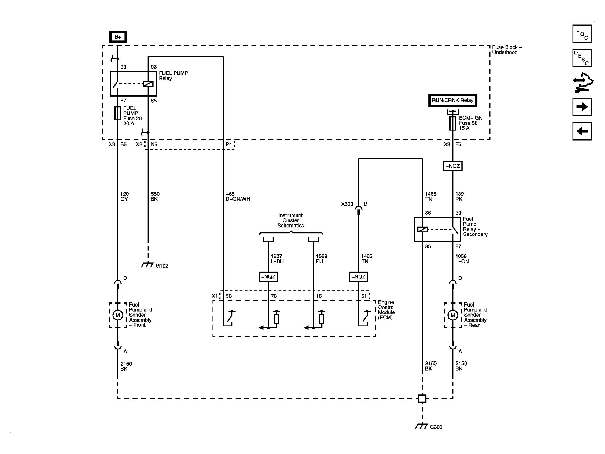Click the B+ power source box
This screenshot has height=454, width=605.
point(118,37)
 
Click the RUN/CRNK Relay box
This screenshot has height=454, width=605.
point(452,100)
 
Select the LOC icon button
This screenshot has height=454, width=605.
point(582,34)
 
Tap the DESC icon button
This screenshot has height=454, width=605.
point(582,58)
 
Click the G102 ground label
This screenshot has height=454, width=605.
point(162,266)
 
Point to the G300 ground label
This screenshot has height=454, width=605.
point(436,435)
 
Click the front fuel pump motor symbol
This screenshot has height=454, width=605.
point(118,315)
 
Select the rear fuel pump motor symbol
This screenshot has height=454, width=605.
point(453,315)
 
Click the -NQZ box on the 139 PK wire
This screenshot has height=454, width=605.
point(453,166)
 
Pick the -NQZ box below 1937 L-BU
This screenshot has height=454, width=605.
point(268,277)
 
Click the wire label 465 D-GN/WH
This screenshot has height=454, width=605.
point(238,196)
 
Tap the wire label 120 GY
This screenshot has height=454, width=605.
point(124,196)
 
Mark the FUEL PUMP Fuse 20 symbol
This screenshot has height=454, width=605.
point(118,113)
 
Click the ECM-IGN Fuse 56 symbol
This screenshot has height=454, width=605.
point(453,123)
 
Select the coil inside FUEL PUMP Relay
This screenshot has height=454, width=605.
point(148,84)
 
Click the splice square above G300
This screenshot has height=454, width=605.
point(422,398)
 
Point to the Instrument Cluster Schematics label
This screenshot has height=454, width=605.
point(291,220)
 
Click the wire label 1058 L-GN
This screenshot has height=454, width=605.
point(462,259)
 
